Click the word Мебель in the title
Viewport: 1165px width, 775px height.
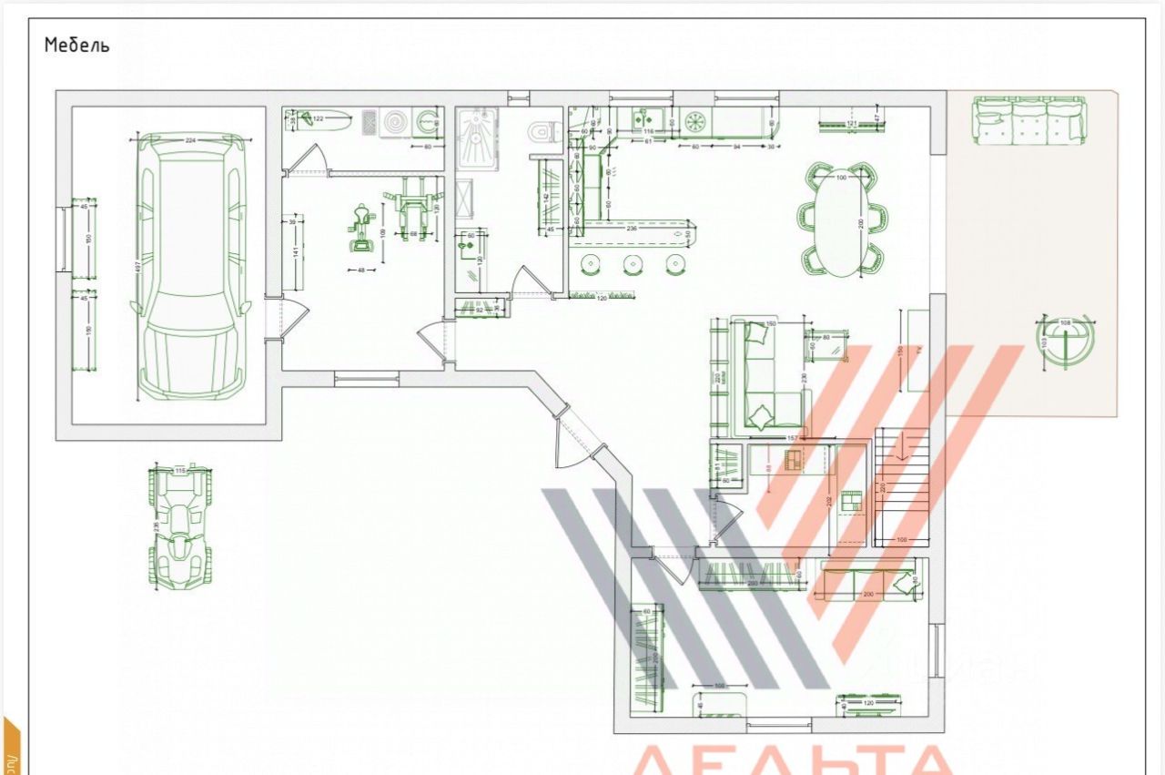click(77, 45)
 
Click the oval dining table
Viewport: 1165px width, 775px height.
click(842, 220)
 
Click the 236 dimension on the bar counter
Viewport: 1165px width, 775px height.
click(632, 228)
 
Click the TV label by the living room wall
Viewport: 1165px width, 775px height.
click(919, 350)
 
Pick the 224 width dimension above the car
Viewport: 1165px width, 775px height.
click(190, 139)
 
